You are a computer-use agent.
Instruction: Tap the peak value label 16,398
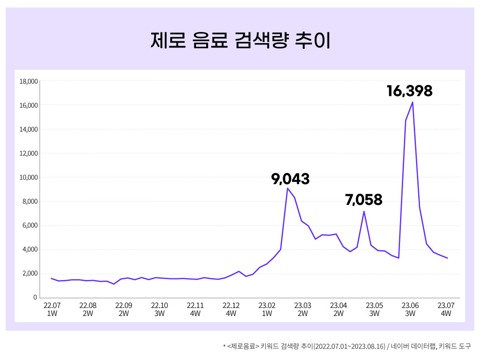[409, 91]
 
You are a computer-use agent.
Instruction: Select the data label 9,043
[290, 179]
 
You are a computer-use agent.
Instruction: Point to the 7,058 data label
[364, 200]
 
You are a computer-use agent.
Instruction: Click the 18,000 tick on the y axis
[28, 82]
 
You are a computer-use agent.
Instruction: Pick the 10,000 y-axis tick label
[28, 178]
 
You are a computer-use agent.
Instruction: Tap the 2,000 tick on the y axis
[30, 274]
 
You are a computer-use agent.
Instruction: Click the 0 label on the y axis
[36, 298]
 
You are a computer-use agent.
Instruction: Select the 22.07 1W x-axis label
[52, 309]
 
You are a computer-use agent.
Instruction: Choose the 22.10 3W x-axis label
[160, 309]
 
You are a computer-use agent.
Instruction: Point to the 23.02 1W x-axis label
[267, 309]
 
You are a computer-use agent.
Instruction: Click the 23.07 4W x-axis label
[446, 309]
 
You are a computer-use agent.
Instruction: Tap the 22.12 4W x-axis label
[231, 309]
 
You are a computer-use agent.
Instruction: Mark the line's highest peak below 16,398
[412, 102]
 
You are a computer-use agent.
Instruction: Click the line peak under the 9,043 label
[288, 188]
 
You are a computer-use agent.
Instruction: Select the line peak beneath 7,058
[364, 212]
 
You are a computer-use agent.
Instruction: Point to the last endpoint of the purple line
[447, 258]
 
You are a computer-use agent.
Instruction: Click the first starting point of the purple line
[52, 278]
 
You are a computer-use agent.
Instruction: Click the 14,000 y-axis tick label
[28, 130]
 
